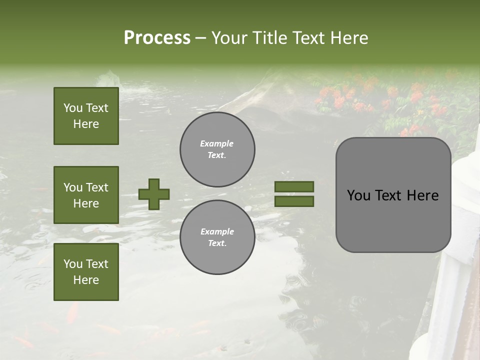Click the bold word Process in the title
click(x=157, y=38)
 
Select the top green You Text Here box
click(x=86, y=116)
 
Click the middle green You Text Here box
click(x=86, y=195)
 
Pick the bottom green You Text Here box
click(x=86, y=272)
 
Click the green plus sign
click(x=154, y=194)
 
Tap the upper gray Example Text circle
click(x=217, y=149)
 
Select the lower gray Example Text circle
click(x=217, y=237)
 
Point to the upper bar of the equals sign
click(x=294, y=186)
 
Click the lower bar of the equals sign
click(x=294, y=201)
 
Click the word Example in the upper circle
click(x=217, y=143)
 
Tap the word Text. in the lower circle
click(x=217, y=243)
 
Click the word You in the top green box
click(x=73, y=108)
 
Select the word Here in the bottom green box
click(x=86, y=280)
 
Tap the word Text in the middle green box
click(x=97, y=187)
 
